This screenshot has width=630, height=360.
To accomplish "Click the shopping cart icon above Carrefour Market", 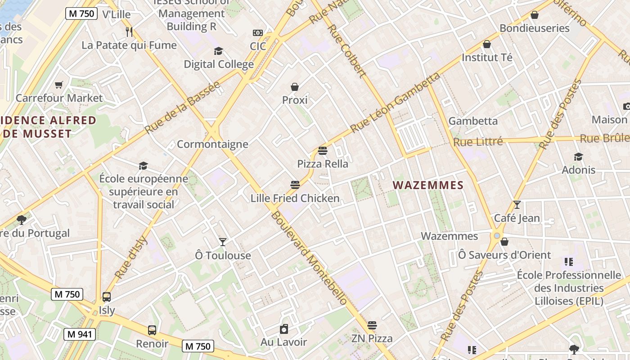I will (x=58, y=85).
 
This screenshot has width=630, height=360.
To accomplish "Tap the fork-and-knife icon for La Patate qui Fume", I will (x=129, y=31).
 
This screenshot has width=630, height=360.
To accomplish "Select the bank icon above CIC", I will (x=258, y=33).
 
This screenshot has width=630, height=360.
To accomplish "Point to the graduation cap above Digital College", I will (x=218, y=51).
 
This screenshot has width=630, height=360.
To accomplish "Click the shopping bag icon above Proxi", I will (x=295, y=87).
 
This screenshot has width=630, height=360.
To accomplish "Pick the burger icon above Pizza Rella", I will (x=323, y=151).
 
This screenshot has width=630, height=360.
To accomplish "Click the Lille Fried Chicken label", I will (x=295, y=198).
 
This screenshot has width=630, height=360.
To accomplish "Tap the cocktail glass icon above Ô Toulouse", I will (x=222, y=242).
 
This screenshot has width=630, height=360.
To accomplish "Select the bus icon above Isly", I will (x=107, y=297).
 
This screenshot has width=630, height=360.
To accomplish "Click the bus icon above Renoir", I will (x=152, y=330).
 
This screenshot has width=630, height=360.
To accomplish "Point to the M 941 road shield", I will (x=79, y=334).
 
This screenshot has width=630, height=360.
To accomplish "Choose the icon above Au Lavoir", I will (x=283, y=329).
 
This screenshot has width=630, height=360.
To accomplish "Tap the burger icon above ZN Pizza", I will (x=372, y=325).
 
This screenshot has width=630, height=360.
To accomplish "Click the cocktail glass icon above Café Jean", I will (x=517, y=205).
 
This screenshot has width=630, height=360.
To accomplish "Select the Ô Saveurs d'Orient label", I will (x=504, y=255).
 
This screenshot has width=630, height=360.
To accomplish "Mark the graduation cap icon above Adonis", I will (x=578, y=157).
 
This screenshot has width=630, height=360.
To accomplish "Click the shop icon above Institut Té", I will (x=486, y=44).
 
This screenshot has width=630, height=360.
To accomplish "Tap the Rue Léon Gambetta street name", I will (x=395, y=103).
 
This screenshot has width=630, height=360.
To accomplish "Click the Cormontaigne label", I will (x=212, y=144).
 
